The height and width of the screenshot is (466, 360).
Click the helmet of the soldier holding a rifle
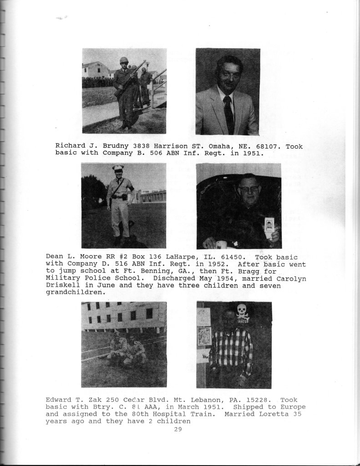(123, 61)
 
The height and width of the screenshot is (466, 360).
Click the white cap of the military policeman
(118, 168)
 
